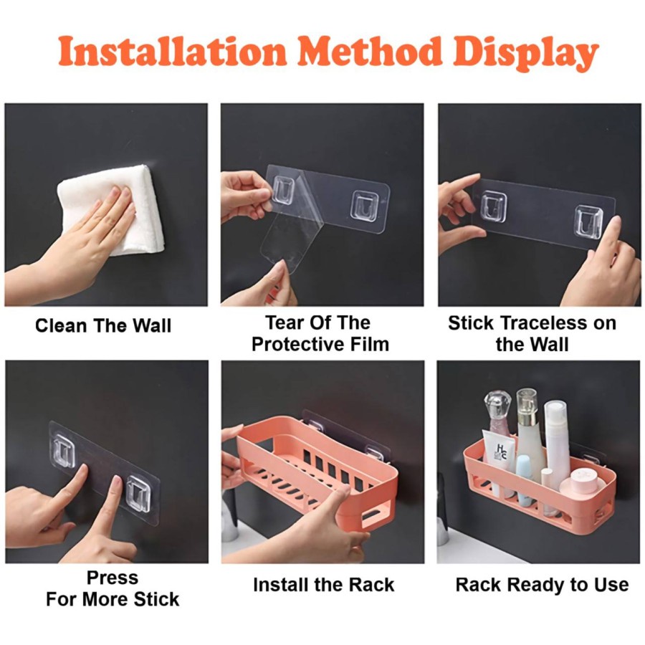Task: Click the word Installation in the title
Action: (x=172, y=52)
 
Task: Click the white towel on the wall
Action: (x=111, y=209)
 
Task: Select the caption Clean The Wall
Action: (x=102, y=326)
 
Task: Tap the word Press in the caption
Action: (x=113, y=578)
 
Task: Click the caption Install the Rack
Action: (x=323, y=585)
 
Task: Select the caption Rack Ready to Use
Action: (x=543, y=585)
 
